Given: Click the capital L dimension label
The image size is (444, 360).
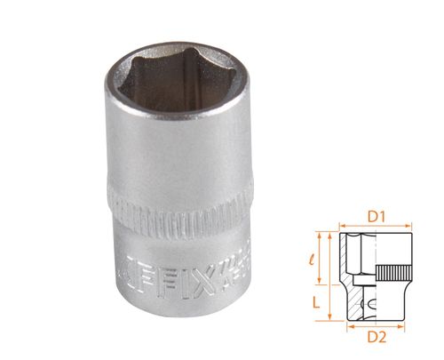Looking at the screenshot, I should [x=315, y=300].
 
